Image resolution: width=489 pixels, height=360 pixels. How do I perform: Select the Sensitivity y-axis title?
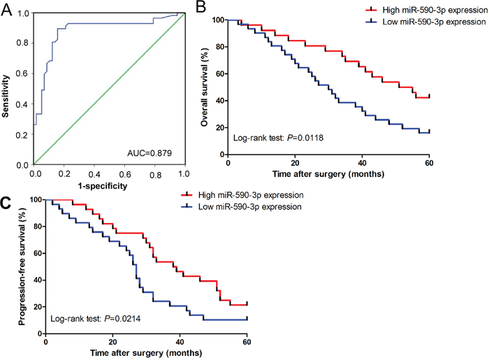(6, 88)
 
